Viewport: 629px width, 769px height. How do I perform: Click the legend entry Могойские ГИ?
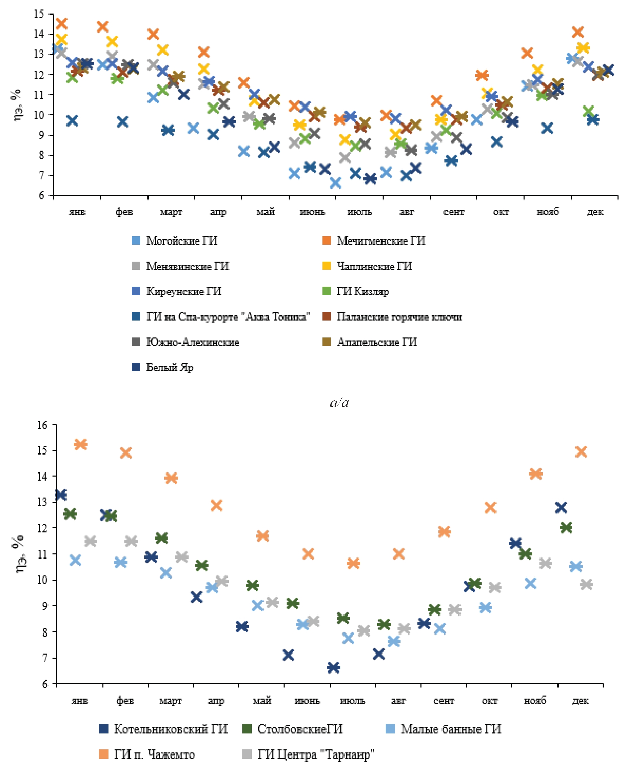tap(181, 241)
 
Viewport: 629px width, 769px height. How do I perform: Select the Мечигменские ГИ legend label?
tap(381, 241)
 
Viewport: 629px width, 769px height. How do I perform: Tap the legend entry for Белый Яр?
tap(169, 368)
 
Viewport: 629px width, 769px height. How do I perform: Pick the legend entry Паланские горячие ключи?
tap(399, 317)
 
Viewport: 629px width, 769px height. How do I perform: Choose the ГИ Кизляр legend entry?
tap(363, 291)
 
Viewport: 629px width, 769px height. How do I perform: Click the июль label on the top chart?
tap(359, 212)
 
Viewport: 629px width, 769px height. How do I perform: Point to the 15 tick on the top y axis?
tap(39, 14)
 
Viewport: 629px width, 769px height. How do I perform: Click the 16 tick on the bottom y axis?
tap(42, 425)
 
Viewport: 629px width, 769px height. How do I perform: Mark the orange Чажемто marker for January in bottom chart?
tap(80, 444)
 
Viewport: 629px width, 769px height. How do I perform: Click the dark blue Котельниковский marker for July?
tap(333, 667)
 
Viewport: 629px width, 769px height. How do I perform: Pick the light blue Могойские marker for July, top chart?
tap(336, 183)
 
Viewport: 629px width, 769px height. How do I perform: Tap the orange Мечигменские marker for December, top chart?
tap(578, 32)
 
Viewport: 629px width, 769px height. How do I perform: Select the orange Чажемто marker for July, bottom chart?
tap(353, 563)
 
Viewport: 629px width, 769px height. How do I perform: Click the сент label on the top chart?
tap(454, 212)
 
